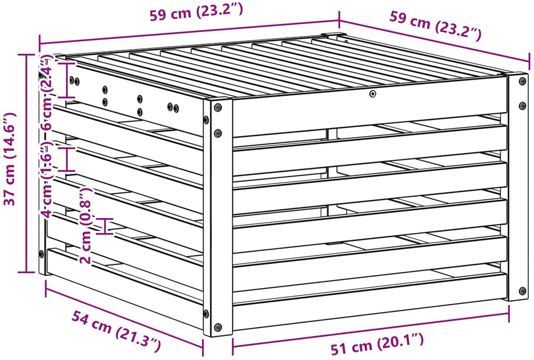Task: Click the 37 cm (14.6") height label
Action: [10, 159]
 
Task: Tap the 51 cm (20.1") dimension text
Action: [377, 344]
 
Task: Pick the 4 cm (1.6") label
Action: [46, 180]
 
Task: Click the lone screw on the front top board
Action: [373, 94]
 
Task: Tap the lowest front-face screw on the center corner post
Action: [218, 328]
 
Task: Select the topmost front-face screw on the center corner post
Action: [218, 108]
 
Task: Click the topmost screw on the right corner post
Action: [522, 81]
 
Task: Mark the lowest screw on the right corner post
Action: [522, 291]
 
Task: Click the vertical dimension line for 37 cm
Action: [26, 163]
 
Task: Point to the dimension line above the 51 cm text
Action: [371, 333]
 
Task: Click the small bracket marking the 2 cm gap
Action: [105, 226]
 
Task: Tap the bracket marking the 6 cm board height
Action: [67, 81]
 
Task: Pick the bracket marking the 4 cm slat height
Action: [67, 159]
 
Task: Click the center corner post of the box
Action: [218, 218]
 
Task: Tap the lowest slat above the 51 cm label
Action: [370, 302]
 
